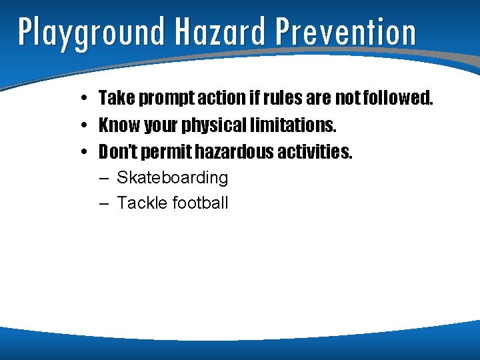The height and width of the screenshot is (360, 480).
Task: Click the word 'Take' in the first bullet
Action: click(x=114, y=99)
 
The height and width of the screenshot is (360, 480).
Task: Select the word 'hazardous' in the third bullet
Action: click(x=233, y=152)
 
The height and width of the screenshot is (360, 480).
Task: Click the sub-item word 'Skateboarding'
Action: click(x=172, y=178)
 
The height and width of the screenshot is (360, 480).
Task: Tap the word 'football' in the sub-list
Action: click(x=200, y=203)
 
